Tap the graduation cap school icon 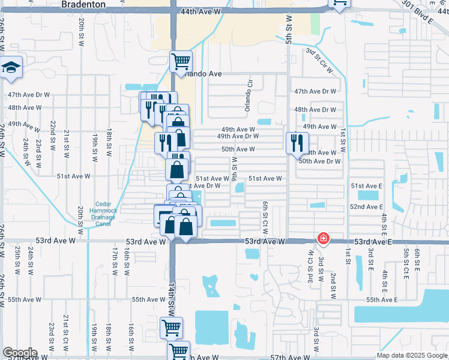click(11, 67)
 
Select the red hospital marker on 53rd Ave click(324, 239)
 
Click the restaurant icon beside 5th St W click(297, 143)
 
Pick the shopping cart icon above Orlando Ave click(181, 61)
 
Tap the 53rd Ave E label click(372, 242)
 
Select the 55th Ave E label click(382, 299)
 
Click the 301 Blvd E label click(418, 11)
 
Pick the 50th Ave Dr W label click(319, 161)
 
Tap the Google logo click(20, 353)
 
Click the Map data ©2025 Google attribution click(412, 355)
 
